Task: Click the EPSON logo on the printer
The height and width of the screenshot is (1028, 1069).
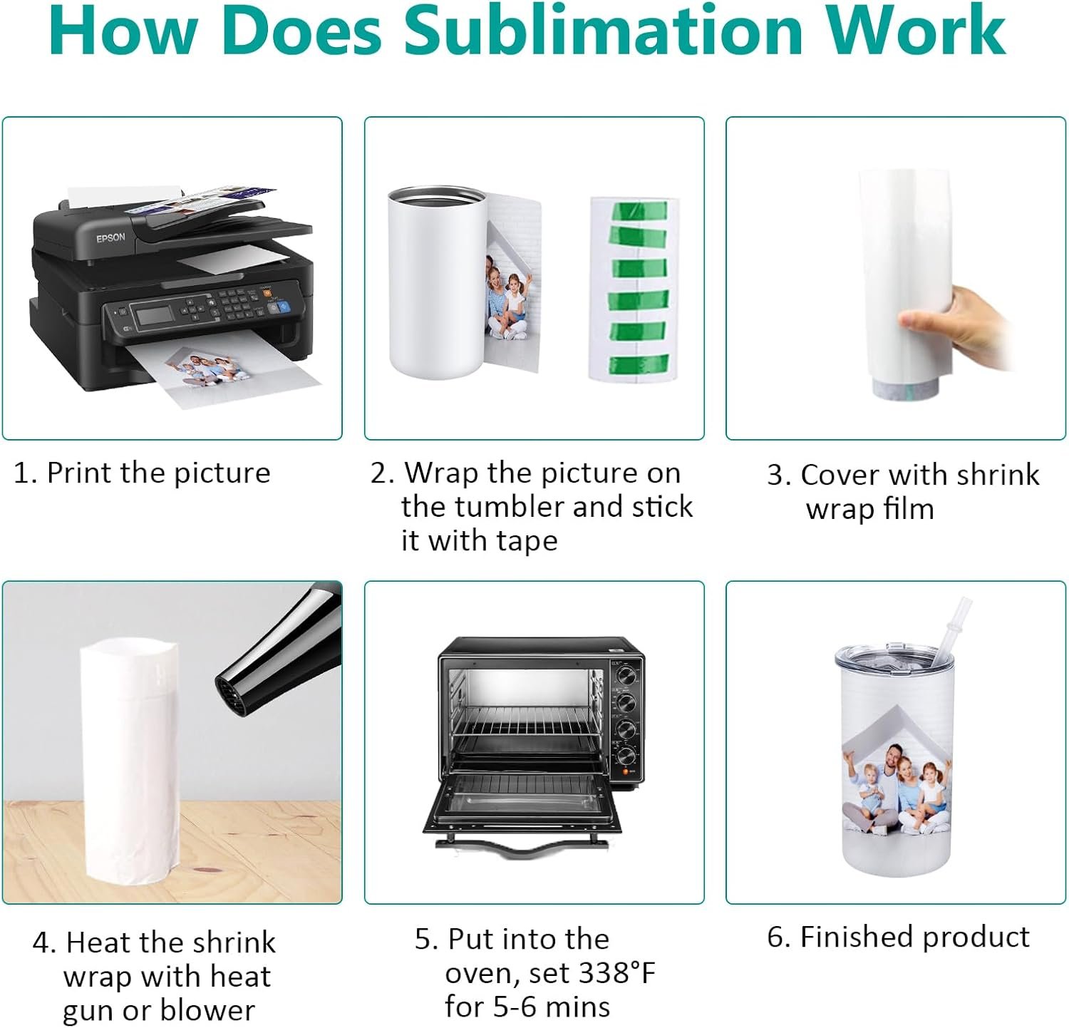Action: [x=110, y=237]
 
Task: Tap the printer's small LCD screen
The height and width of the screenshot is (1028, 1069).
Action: [x=155, y=314]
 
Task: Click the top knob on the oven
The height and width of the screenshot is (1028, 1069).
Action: [x=626, y=674]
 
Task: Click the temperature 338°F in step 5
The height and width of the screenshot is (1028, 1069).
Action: [x=617, y=973]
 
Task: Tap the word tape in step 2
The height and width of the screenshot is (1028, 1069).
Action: [x=526, y=541]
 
